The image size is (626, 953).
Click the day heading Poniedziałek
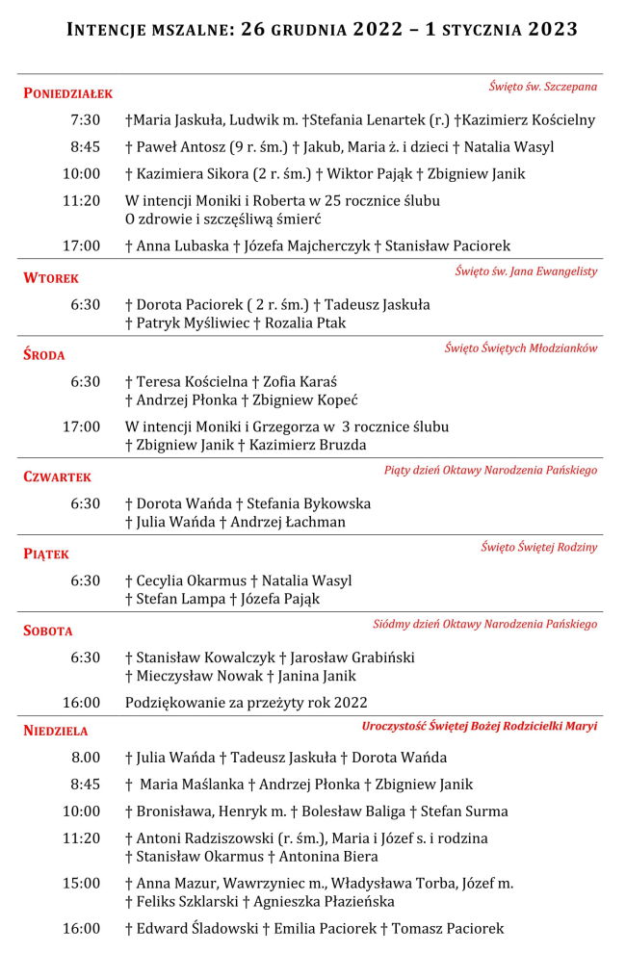(x=68, y=93)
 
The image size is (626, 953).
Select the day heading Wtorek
(x=51, y=278)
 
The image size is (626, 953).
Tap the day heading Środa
(x=44, y=355)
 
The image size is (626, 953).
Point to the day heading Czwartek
(x=58, y=476)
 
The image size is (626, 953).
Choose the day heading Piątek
(x=46, y=554)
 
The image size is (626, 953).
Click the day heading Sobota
(x=48, y=631)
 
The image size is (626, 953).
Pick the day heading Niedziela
(x=56, y=731)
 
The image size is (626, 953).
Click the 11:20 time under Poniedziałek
(x=81, y=200)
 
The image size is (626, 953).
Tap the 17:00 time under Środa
(x=81, y=426)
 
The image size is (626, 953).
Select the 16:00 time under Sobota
(x=81, y=703)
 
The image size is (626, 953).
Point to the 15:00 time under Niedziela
(x=81, y=883)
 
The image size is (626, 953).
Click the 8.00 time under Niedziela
(x=85, y=758)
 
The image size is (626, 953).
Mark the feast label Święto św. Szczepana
(x=542, y=87)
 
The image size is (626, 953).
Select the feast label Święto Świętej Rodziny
(x=538, y=547)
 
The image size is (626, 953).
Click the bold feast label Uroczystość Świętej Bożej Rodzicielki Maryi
(x=480, y=726)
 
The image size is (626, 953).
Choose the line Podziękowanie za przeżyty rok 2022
(x=246, y=703)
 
